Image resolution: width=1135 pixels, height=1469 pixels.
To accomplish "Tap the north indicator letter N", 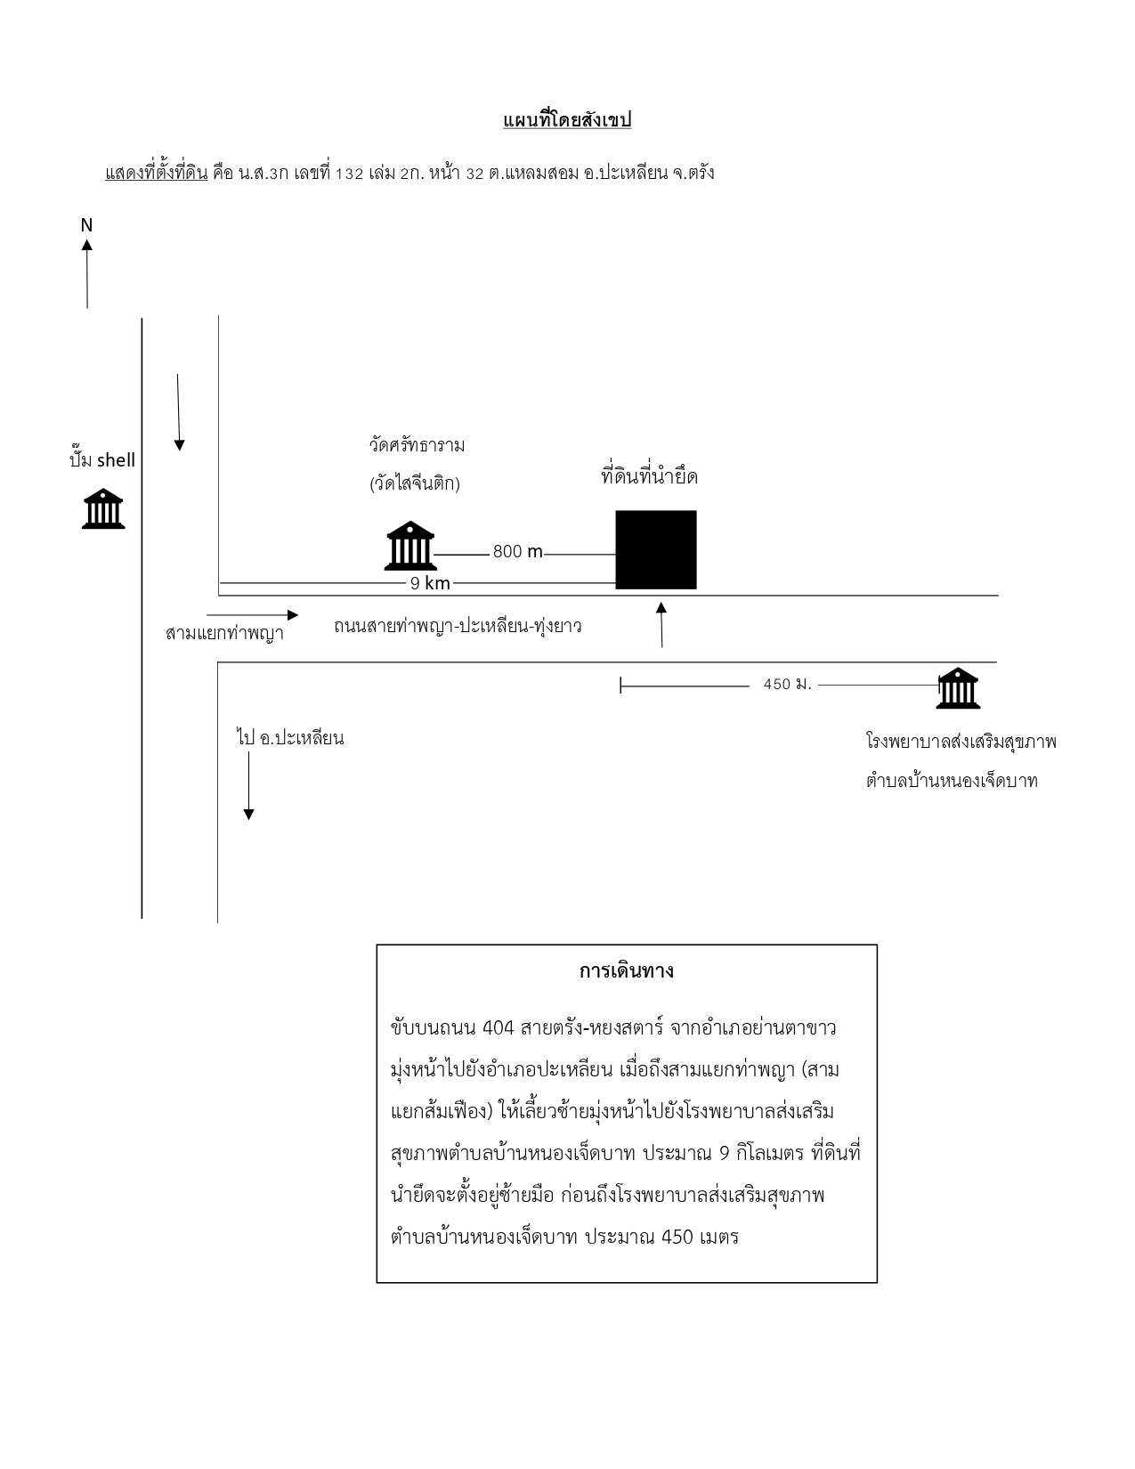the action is (86, 225).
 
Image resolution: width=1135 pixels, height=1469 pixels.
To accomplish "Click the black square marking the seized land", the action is (656, 549).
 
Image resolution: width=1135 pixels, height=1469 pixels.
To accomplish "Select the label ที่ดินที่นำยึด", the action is (649, 475).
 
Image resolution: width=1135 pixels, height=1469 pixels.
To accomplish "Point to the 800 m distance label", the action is (517, 552).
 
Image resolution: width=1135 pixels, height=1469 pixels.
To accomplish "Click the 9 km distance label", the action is (430, 583).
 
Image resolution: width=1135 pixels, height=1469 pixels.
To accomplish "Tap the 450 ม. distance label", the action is (787, 684).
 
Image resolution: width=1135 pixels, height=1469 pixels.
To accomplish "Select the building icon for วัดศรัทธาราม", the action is (410, 546).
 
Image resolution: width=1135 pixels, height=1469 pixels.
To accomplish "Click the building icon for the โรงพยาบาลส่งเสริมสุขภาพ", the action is (958, 688).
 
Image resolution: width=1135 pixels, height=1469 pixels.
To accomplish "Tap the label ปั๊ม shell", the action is (102, 459).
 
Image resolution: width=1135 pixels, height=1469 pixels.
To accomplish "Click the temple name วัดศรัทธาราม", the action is (417, 445).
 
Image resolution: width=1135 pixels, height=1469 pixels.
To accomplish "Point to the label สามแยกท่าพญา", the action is (224, 633).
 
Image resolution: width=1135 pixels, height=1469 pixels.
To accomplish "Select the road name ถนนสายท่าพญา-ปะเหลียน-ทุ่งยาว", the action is (458, 626).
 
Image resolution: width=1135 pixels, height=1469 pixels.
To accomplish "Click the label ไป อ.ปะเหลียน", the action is (290, 737).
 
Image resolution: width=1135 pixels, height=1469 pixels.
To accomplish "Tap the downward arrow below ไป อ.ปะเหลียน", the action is (248, 785).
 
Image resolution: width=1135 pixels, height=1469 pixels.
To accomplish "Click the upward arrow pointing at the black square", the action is (661, 625).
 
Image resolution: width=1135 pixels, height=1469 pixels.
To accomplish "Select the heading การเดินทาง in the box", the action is (626, 971).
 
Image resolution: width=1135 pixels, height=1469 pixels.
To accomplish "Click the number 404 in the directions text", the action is (499, 1027).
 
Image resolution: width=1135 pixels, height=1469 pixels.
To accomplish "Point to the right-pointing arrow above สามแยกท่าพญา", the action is (252, 615).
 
